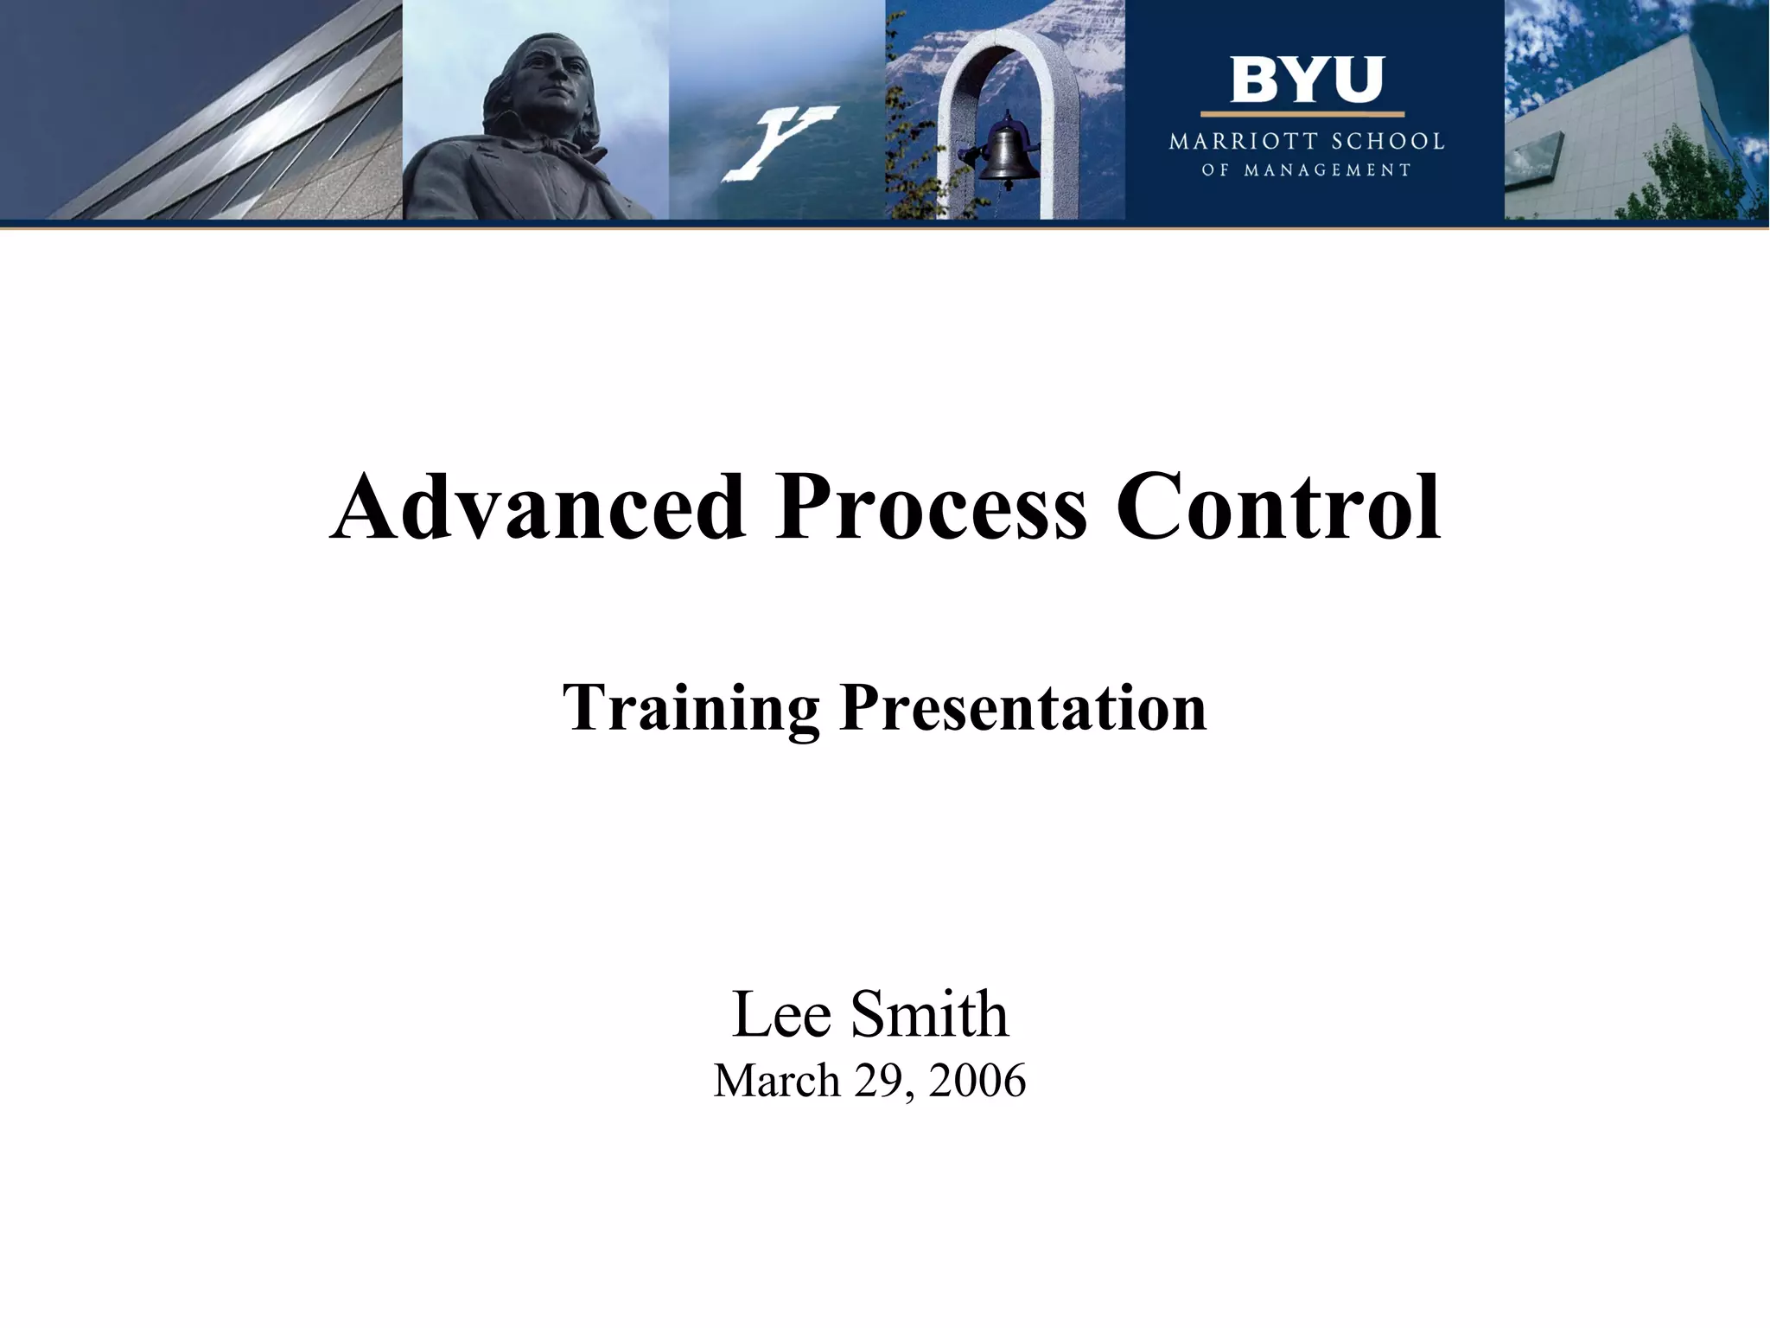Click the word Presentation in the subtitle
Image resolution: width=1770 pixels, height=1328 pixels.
[x=1023, y=707]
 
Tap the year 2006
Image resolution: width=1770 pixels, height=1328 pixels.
[x=977, y=1082]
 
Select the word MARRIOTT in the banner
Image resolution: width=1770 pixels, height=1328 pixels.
[x=1244, y=142]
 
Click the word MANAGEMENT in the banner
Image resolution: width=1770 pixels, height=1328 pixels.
[x=1327, y=170]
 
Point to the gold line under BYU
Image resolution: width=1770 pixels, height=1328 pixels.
[x=1302, y=114]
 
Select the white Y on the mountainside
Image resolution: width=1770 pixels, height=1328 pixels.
[x=779, y=142]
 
